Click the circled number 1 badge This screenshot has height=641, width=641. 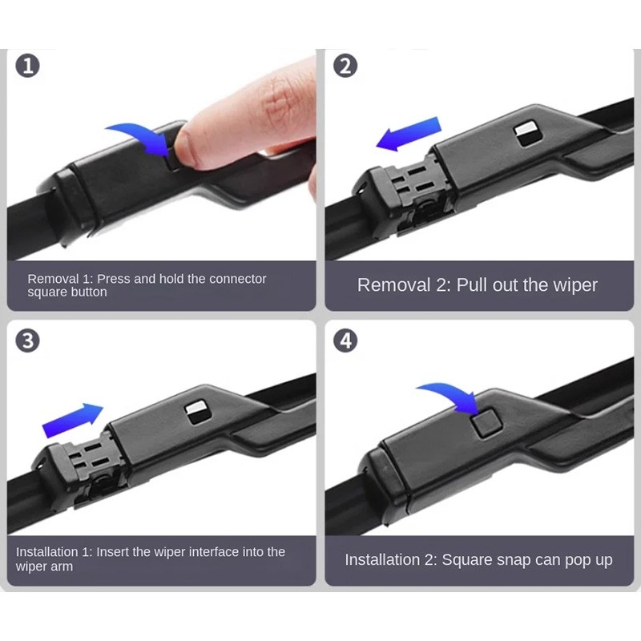[28, 67]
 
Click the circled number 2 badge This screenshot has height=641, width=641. [345, 67]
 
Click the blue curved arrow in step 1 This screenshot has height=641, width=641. [143, 135]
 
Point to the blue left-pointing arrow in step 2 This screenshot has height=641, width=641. [409, 134]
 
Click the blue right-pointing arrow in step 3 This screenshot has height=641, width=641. [73, 420]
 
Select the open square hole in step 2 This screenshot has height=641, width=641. [527, 134]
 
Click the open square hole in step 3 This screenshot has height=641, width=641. [198, 413]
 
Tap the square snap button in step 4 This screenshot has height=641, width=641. [486, 424]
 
